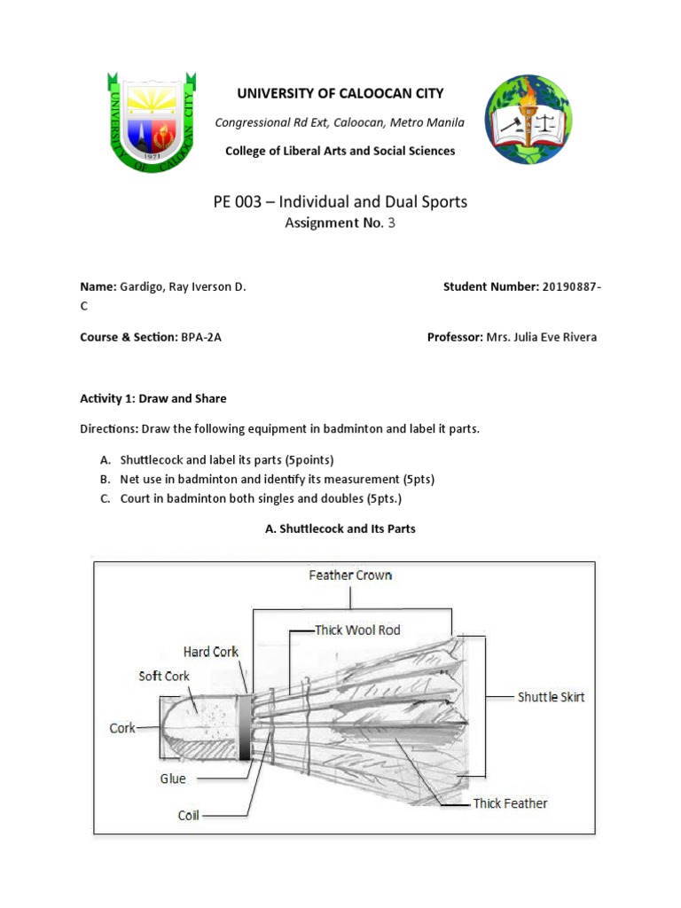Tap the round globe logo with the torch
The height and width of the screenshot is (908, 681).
click(528, 120)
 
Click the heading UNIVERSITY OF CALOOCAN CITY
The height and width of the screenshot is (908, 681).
click(340, 93)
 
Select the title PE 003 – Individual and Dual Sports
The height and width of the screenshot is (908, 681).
click(340, 202)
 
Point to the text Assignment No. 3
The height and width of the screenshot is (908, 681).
click(340, 223)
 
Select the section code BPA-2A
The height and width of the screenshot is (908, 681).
click(201, 338)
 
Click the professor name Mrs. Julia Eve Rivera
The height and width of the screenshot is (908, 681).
click(541, 338)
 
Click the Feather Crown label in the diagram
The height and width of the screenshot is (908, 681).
click(350, 575)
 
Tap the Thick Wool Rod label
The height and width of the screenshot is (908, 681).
click(358, 630)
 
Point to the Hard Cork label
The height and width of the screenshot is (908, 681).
click(211, 652)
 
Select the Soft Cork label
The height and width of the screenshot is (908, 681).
click(164, 676)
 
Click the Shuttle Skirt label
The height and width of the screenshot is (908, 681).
click(552, 697)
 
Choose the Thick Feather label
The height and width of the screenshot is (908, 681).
click(510, 803)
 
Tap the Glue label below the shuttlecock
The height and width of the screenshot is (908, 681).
click(173, 779)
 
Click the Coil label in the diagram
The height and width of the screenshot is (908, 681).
click(189, 815)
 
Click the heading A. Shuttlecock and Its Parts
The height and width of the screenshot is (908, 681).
click(340, 528)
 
